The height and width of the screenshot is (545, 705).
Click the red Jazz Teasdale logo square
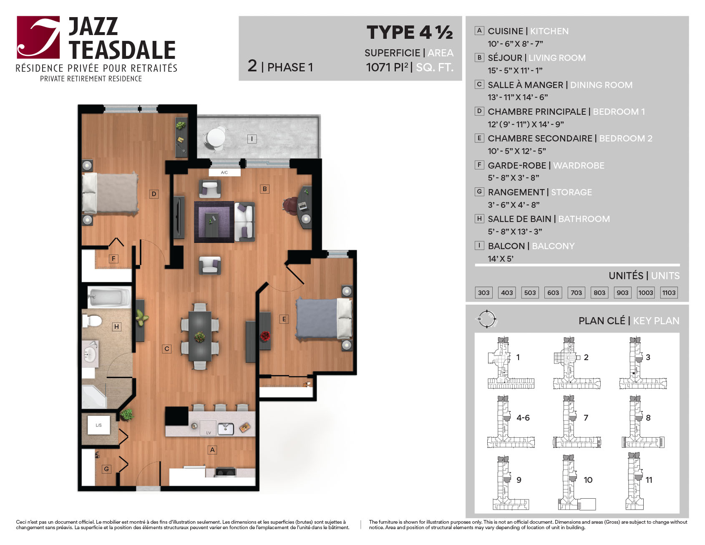(x=38, y=37)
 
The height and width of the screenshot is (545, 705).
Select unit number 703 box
(x=576, y=293)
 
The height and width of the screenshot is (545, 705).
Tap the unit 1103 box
(x=669, y=293)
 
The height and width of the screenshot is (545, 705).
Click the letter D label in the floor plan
(x=154, y=194)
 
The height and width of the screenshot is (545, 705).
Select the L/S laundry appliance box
(x=99, y=425)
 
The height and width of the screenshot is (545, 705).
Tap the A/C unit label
(x=224, y=172)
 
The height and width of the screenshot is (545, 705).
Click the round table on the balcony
(x=215, y=137)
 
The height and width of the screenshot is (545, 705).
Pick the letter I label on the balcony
(x=252, y=139)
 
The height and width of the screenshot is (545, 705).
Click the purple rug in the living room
(x=214, y=222)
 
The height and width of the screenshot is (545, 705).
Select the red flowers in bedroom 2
(x=265, y=336)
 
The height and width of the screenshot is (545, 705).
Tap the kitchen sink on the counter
(x=226, y=428)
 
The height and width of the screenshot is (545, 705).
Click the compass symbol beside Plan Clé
(x=486, y=319)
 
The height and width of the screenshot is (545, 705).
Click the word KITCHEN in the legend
(x=549, y=31)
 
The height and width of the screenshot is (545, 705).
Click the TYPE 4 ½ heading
(x=410, y=32)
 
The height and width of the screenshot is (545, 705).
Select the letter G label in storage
(x=106, y=469)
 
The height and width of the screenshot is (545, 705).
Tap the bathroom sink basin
(x=89, y=355)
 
